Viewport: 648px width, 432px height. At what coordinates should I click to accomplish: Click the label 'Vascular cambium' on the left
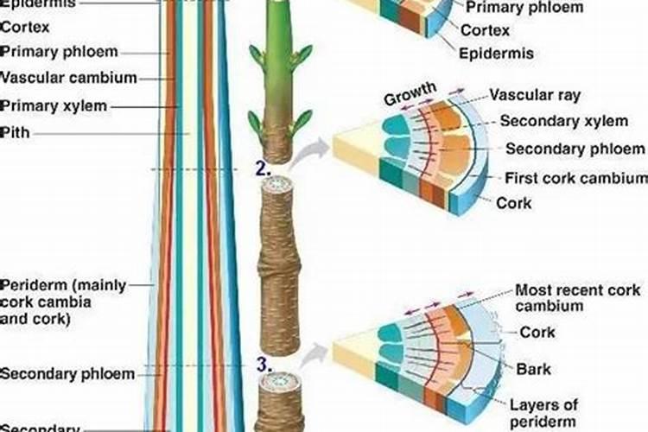pyautogui.click(x=68, y=78)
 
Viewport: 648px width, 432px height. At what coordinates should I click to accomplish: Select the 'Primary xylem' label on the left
pyautogui.click(x=54, y=106)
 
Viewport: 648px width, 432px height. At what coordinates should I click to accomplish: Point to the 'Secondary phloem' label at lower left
pyautogui.click(x=67, y=374)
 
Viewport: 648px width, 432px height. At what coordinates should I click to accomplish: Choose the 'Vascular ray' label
pyautogui.click(x=535, y=95)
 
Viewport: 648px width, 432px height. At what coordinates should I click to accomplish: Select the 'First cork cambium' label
pyautogui.click(x=575, y=178)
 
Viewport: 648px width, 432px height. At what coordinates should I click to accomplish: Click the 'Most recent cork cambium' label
pyautogui.click(x=577, y=298)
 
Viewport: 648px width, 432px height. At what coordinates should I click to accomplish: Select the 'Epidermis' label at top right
pyautogui.click(x=496, y=54)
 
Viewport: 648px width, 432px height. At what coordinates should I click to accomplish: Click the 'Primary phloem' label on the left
pyautogui.click(x=59, y=52)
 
